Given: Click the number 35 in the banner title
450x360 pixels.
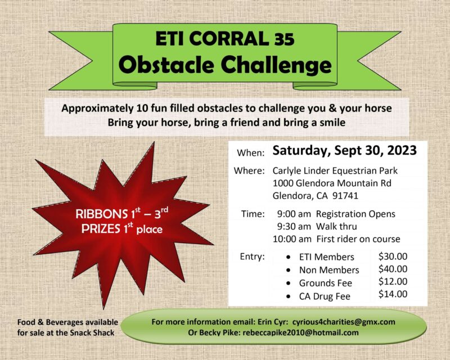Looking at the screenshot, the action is pyautogui.click(x=284, y=39).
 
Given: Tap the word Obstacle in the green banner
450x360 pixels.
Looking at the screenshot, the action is pyautogui.click(x=166, y=65).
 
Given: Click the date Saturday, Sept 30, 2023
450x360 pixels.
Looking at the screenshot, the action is pyautogui.click(x=344, y=151).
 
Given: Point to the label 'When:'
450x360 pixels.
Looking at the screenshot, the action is pyautogui.click(x=250, y=153).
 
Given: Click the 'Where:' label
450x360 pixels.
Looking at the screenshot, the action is pyautogui.click(x=249, y=171).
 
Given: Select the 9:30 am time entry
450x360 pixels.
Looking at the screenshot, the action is pyautogui.click(x=294, y=227).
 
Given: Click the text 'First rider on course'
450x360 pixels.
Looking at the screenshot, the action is pyautogui.click(x=358, y=239).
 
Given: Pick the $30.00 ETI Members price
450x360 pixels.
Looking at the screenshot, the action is pyautogui.click(x=393, y=256).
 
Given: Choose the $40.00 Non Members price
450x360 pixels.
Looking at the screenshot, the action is pyautogui.click(x=393, y=269).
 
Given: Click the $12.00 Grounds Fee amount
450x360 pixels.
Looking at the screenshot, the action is pyautogui.click(x=393, y=281).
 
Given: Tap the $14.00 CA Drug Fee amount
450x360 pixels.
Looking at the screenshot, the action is pyautogui.click(x=393, y=294).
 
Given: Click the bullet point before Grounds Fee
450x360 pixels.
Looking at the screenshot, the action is pyautogui.click(x=289, y=283).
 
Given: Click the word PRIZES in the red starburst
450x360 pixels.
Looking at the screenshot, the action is pyautogui.click(x=101, y=229).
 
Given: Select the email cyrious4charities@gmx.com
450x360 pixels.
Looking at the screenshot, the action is pyautogui.click(x=344, y=322).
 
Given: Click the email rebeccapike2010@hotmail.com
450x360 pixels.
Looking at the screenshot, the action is pyautogui.click(x=300, y=333).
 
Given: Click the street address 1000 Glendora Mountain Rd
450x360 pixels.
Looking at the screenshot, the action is pyautogui.click(x=332, y=183).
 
